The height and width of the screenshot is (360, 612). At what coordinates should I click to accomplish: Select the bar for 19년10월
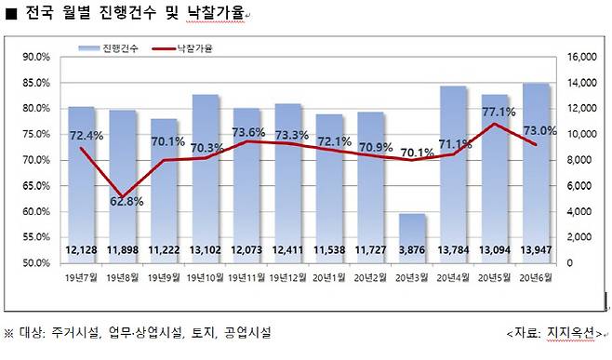(x=205, y=177)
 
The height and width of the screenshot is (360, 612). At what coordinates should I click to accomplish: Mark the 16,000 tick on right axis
(x=577, y=57)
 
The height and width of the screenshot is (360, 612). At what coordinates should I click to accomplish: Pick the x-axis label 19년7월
(x=82, y=276)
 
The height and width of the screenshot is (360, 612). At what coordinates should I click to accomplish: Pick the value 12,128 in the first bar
(x=82, y=251)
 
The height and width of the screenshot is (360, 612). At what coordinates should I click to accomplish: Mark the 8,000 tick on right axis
(x=574, y=160)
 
